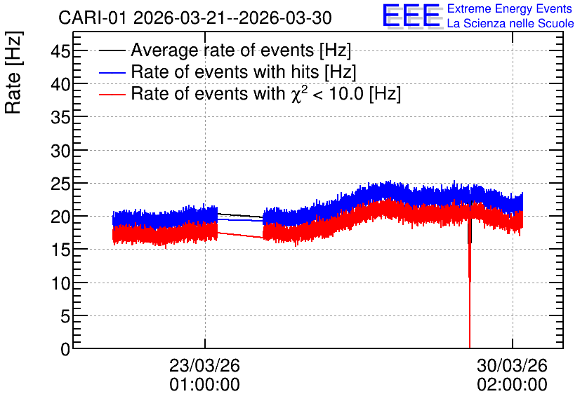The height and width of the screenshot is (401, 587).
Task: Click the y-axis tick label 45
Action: tap(60, 51)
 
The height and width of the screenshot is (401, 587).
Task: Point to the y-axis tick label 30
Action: tap(60, 151)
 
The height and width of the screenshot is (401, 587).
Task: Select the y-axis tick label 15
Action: tap(60, 250)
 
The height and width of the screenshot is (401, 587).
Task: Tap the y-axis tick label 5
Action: tap(65, 317)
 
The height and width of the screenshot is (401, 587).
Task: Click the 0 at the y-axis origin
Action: tap(65, 349)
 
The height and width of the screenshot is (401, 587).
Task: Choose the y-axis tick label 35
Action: tap(60, 118)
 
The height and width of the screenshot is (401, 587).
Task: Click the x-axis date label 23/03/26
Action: tap(204, 365)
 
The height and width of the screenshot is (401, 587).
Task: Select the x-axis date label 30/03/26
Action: tap(512, 365)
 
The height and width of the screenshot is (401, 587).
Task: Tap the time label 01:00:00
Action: tap(204, 385)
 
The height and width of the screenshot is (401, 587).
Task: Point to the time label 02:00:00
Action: tap(512, 385)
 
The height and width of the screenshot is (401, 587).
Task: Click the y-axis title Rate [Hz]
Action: tap(13, 72)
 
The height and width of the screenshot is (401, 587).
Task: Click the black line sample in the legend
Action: tap(112, 50)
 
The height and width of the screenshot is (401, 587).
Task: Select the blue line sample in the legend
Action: tap(112, 72)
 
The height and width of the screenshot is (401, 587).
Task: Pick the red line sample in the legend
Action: tap(112, 94)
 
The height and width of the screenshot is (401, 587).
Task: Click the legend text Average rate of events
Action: tap(223, 50)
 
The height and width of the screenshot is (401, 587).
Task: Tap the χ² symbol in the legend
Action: tap(297, 94)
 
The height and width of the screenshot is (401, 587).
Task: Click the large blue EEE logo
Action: tap(411, 15)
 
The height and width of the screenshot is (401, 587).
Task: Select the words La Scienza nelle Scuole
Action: tap(510, 23)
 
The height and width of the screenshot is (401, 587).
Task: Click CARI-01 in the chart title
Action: tap(93, 18)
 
